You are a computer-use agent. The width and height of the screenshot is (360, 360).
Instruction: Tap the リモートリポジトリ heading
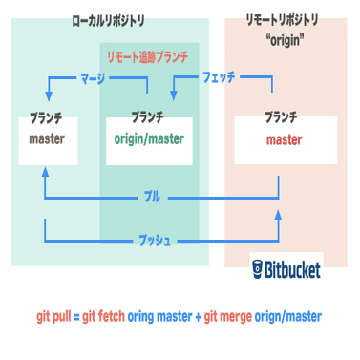point(284,19)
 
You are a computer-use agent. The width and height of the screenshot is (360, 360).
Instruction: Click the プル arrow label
point(152,198)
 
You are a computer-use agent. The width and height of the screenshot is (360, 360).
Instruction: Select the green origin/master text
point(148,138)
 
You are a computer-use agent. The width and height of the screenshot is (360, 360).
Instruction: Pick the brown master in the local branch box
point(46,138)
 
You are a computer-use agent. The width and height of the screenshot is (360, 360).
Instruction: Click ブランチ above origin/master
point(148,119)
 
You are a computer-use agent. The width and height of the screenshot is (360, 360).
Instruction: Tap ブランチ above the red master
point(284,119)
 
